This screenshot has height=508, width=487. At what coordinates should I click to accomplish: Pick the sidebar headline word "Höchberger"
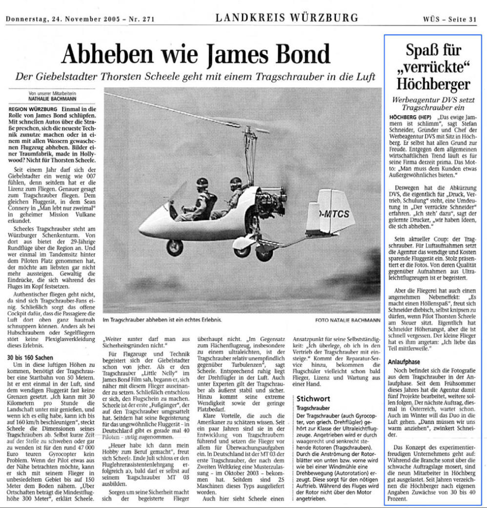[x=432, y=84]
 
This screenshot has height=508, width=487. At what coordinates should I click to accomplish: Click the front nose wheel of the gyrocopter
[x=174, y=247]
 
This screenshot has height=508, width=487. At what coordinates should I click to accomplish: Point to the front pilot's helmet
[x=202, y=183]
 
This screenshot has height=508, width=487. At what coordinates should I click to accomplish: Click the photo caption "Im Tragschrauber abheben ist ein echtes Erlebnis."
[x=162, y=320]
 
